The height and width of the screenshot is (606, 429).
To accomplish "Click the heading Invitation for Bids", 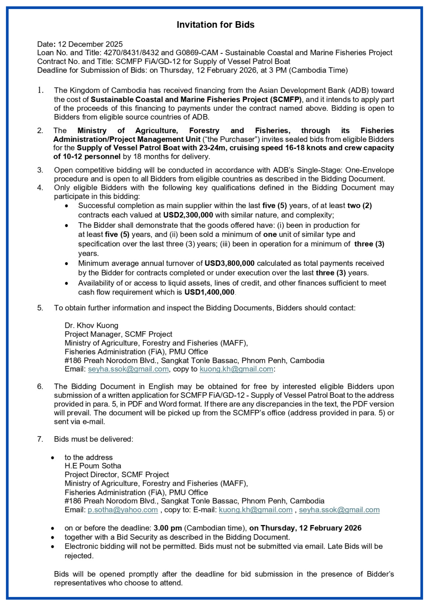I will (x=215, y=25).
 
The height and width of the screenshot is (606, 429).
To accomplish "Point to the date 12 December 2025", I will (x=90, y=44).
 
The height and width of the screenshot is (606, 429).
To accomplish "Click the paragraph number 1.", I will (x=40, y=90).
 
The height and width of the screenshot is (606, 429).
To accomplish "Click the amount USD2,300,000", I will (x=188, y=215).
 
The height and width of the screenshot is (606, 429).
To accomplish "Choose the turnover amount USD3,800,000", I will (x=229, y=263).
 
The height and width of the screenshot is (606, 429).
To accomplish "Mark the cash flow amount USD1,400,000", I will (x=209, y=292).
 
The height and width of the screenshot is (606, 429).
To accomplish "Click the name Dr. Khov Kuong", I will (x=91, y=325).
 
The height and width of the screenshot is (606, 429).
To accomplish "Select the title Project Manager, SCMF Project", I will (x=118, y=334).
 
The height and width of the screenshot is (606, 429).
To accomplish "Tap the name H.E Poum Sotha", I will (x=93, y=466).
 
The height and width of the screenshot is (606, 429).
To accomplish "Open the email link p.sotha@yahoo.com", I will (x=123, y=510).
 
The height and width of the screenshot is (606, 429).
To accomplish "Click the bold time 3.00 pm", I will (x=167, y=528).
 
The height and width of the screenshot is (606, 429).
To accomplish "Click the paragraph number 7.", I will (x=40, y=439).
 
